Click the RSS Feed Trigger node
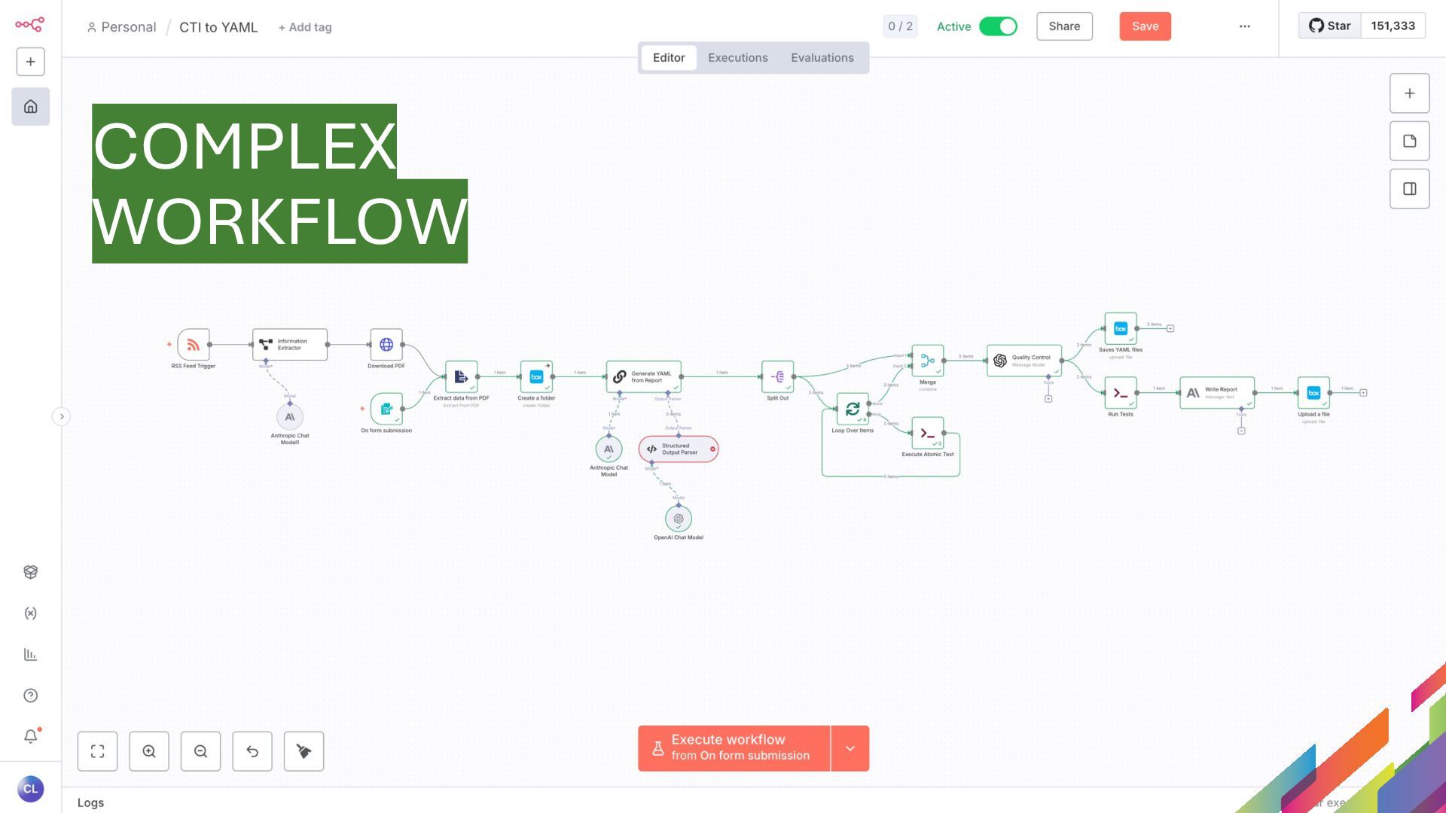point(194,345)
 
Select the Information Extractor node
point(290,345)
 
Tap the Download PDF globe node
point(386,345)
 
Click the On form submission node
point(386,409)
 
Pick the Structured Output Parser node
point(678,449)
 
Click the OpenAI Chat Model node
point(679,519)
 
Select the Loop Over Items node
point(853,409)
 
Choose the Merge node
point(928,361)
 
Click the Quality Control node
point(1024,361)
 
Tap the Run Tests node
point(1121,393)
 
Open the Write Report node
point(1217,393)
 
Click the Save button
point(1145,26)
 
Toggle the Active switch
point(998,26)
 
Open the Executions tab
point(737,58)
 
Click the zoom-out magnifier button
point(200,751)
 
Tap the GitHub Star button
point(1330,26)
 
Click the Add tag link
point(305,27)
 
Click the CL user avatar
point(30,789)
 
